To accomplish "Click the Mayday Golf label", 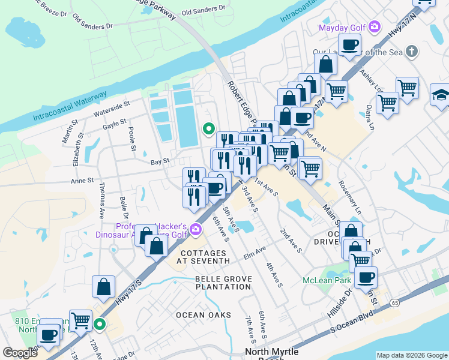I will point(342,26).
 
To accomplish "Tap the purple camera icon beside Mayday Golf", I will point(375,26).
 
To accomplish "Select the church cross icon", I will point(411,52).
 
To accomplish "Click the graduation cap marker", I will point(441,95).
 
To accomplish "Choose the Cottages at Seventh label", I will point(203,257).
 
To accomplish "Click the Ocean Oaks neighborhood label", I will point(203,315).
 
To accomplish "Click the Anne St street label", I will point(82,180).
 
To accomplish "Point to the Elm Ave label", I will point(254,252).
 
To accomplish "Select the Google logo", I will point(20,353).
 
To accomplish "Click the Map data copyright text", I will point(412,355).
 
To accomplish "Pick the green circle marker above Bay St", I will point(209,128).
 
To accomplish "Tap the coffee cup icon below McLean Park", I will point(365,277).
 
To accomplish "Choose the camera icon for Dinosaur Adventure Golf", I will point(195,230).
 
